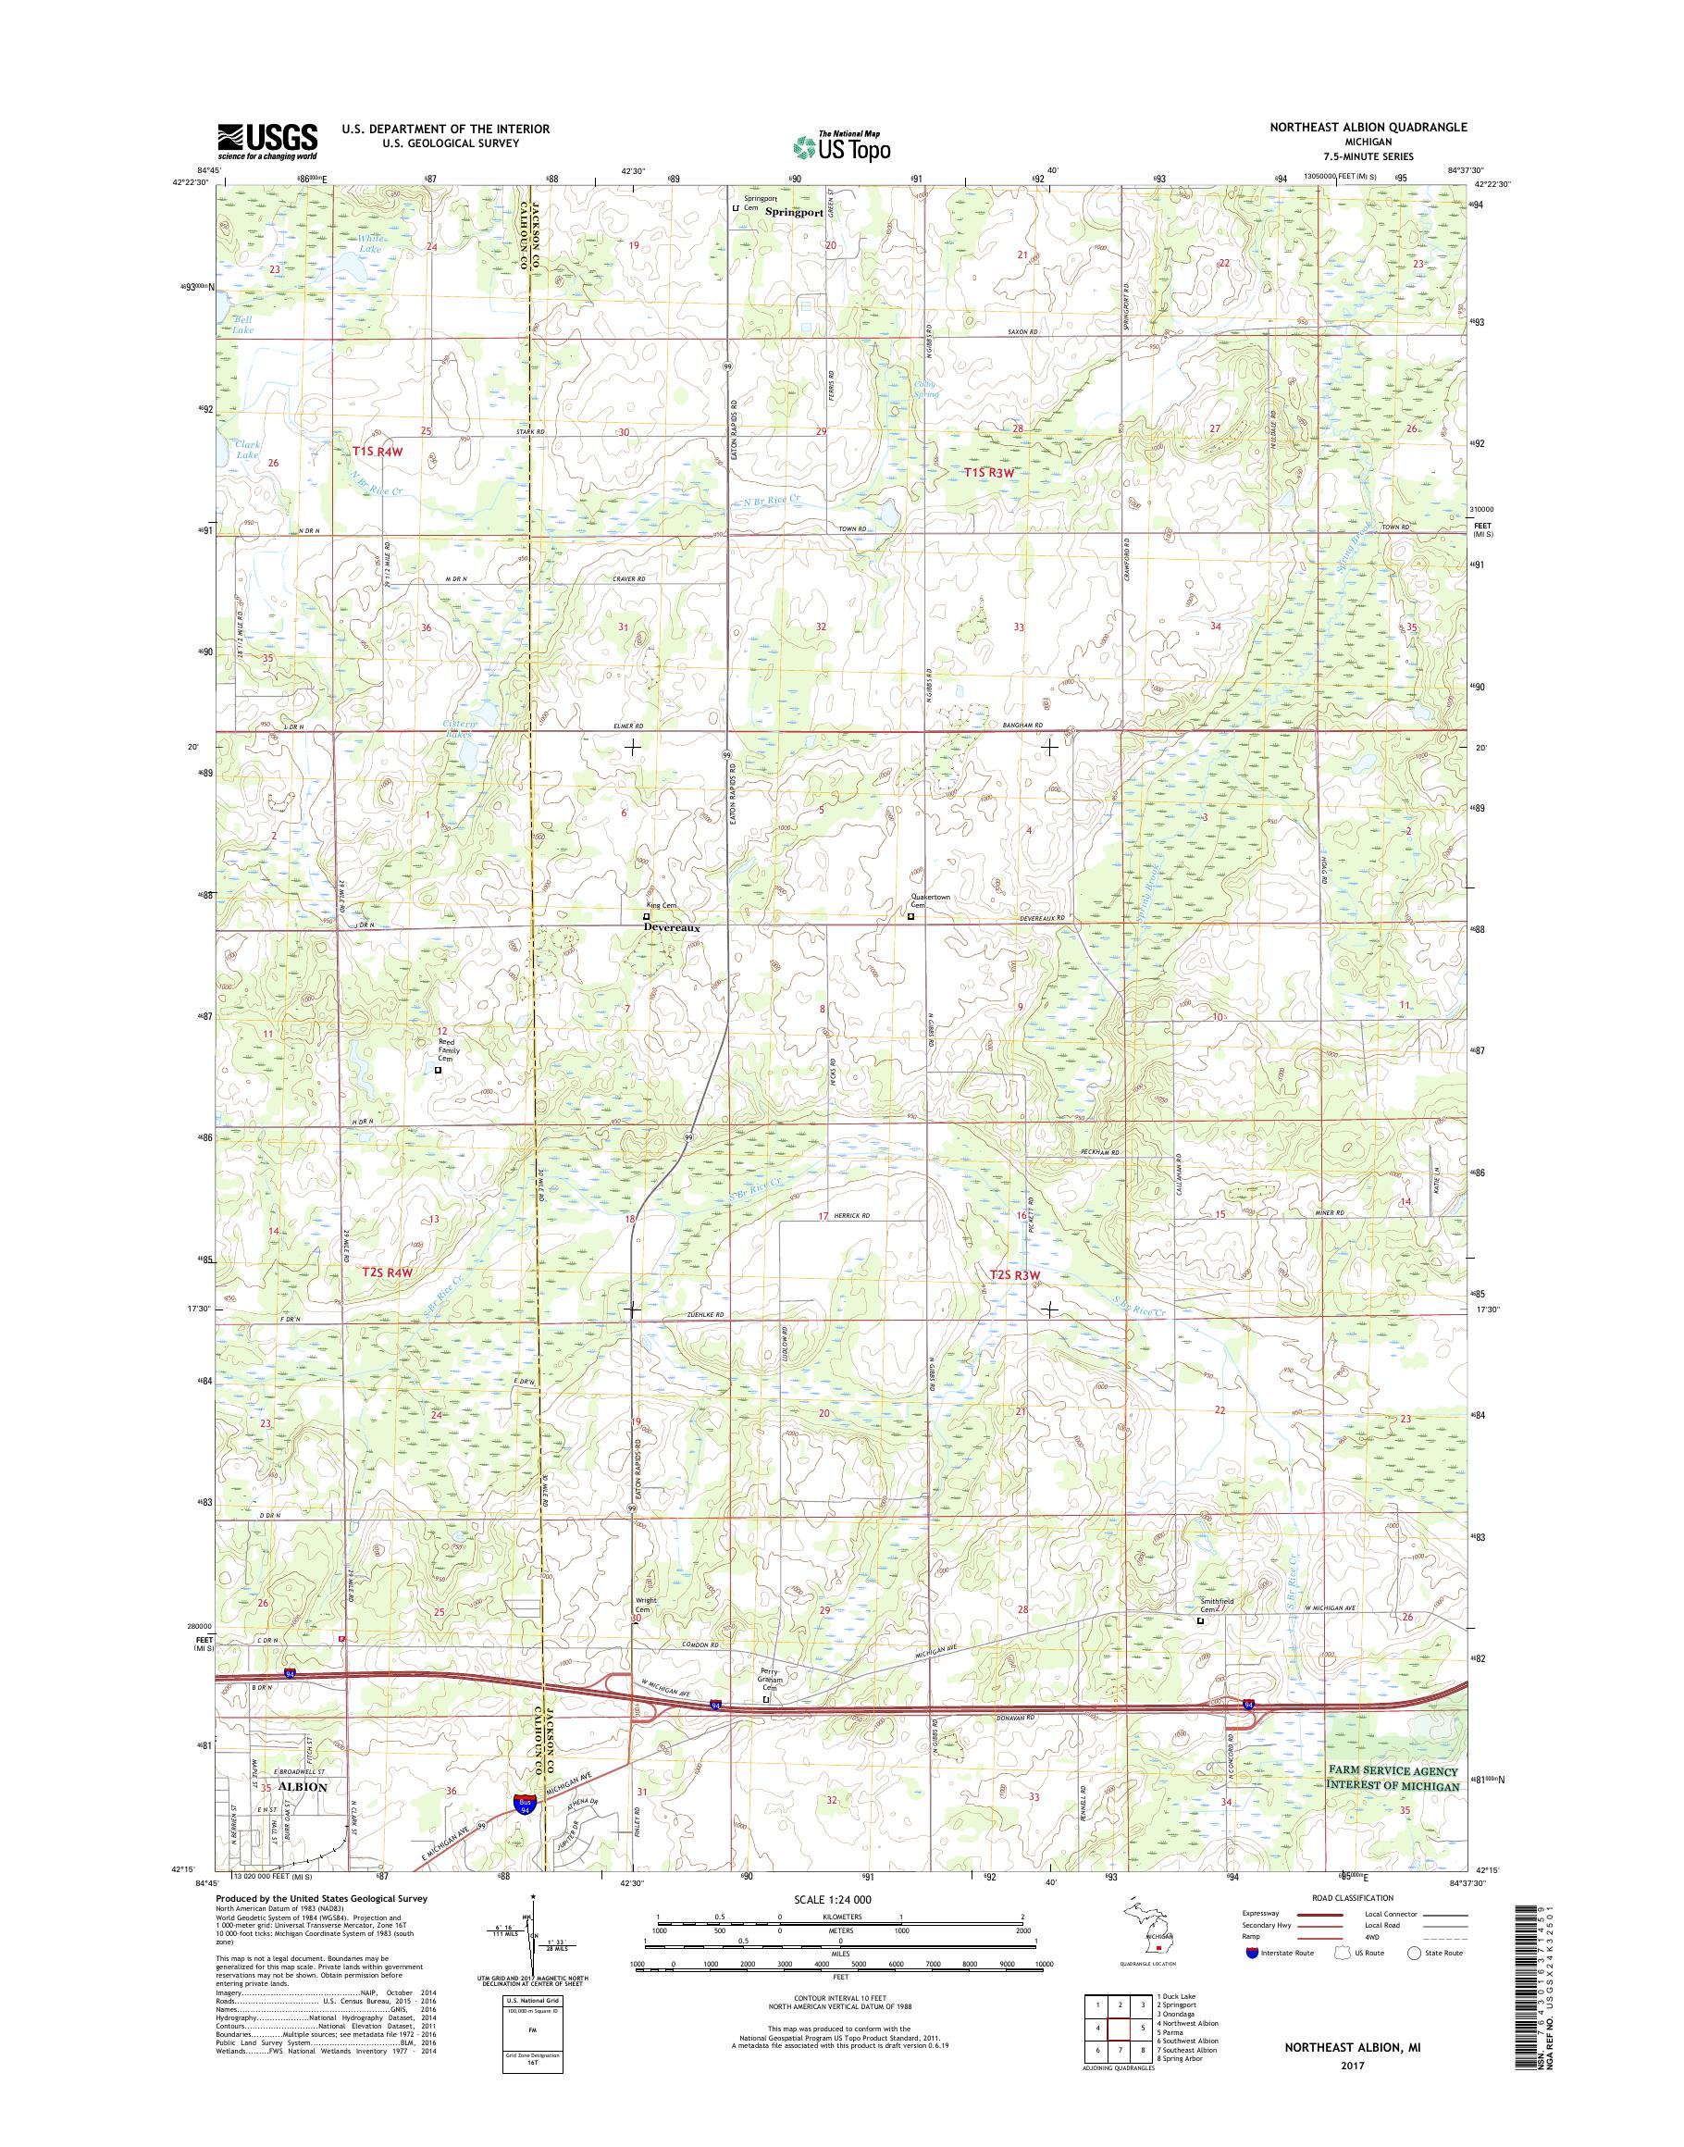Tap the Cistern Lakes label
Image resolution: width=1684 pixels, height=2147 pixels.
point(457,730)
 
